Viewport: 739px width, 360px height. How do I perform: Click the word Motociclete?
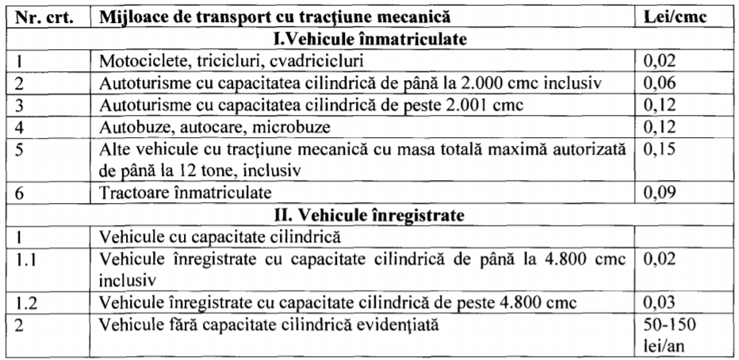[x=134, y=59]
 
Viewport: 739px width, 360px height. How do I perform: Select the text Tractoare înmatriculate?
[x=185, y=193]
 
